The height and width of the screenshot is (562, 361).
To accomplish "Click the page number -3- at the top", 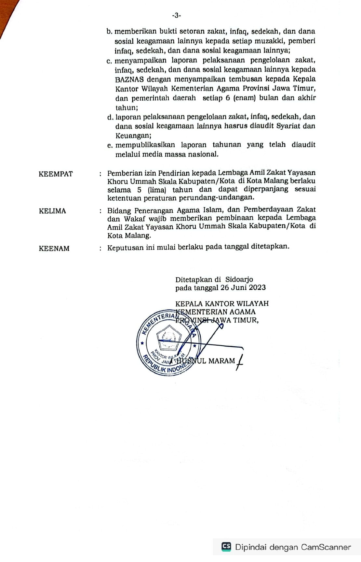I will [176, 15].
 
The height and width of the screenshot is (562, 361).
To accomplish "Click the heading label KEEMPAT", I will [56, 174].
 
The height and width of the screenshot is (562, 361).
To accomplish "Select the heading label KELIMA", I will [52, 211].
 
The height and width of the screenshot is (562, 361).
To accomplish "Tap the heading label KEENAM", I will [54, 249].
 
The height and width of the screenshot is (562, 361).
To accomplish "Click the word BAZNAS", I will [129, 79].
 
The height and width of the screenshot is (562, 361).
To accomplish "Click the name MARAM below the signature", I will [221, 361].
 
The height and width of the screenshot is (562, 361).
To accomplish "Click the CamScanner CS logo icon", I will [226, 547].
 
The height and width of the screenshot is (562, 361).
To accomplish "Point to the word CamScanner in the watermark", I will [326, 547].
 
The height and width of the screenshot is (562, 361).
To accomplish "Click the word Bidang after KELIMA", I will [119, 210].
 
